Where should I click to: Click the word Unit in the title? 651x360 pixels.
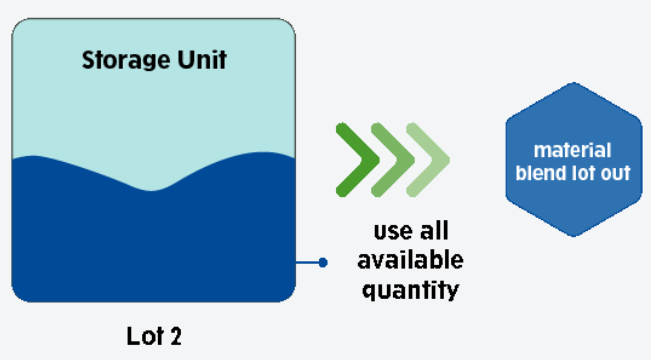pyautogui.click(x=202, y=59)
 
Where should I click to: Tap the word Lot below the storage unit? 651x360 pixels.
pyautogui.click(x=144, y=336)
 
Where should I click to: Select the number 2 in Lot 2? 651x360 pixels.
pyautogui.click(x=176, y=336)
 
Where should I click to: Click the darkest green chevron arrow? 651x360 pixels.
pyautogui.click(x=357, y=160)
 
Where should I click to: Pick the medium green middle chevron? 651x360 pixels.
pyautogui.click(x=392, y=160)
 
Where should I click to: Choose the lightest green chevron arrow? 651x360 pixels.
pyautogui.click(x=428, y=160)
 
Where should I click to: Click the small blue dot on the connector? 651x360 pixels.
pyautogui.click(x=323, y=262)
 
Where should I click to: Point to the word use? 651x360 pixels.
pyautogui.click(x=391, y=232)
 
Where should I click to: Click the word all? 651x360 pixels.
pyautogui.click(x=434, y=230)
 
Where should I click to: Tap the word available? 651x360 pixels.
pyautogui.click(x=410, y=260)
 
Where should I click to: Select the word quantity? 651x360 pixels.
pyautogui.click(x=411, y=290)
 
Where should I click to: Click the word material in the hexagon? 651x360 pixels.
pyautogui.click(x=573, y=150)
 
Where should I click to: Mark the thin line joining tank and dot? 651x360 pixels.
pyautogui.click(x=307, y=262)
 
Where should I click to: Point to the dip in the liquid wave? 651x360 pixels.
pyautogui.click(x=152, y=191)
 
